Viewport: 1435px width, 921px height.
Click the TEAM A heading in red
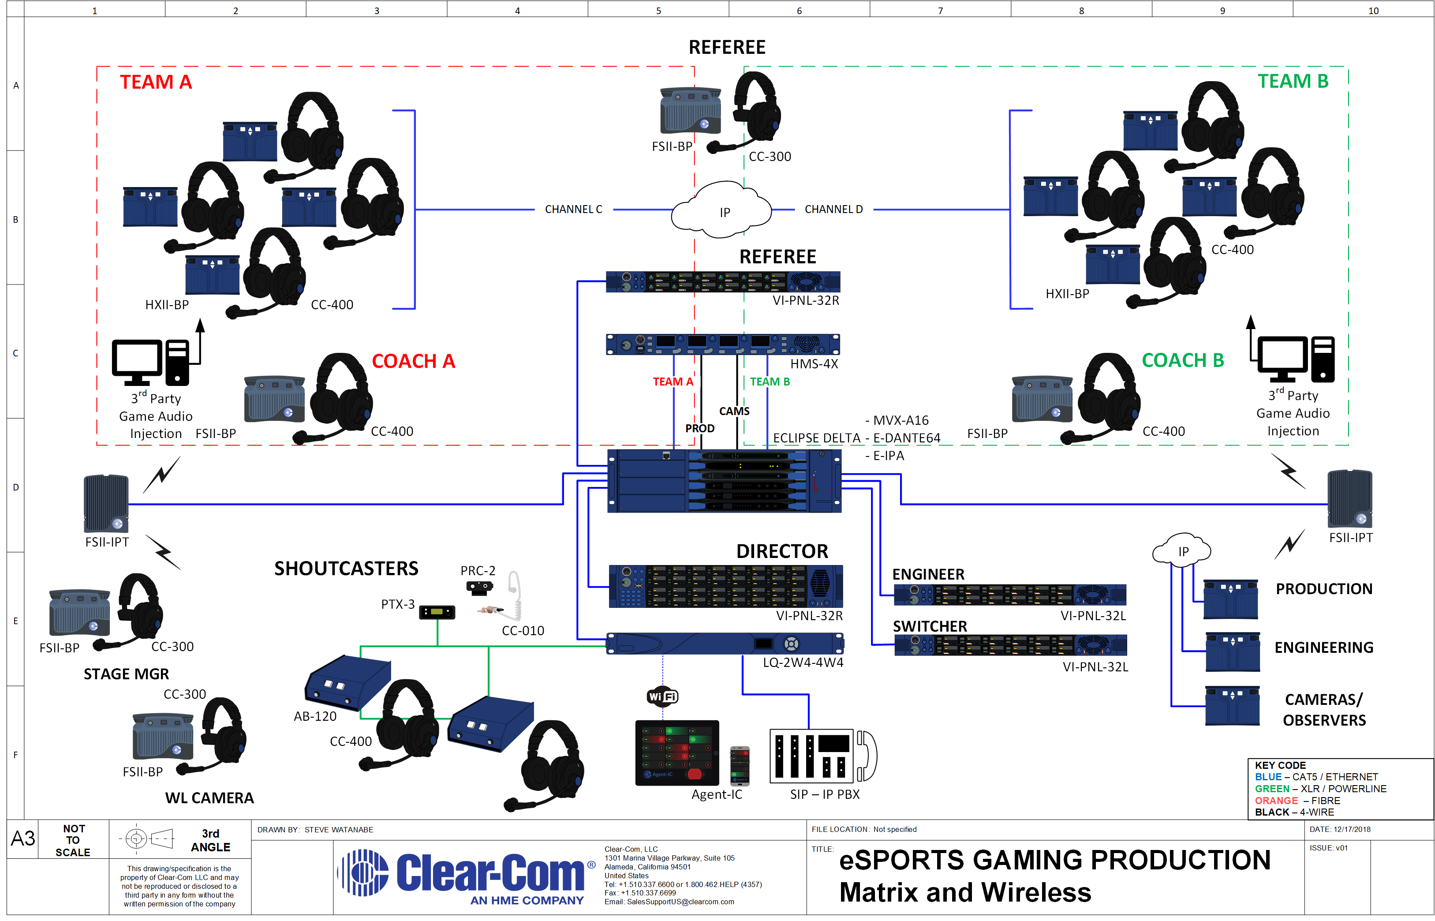(x=156, y=82)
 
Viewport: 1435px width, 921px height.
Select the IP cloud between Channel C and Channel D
(x=721, y=210)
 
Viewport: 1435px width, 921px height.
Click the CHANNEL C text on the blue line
(x=573, y=210)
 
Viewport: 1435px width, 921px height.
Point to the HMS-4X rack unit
(x=723, y=344)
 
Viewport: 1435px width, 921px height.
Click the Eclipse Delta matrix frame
(x=724, y=481)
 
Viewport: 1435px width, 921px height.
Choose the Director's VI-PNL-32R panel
(x=725, y=586)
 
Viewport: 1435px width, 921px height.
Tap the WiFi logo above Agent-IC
(x=662, y=696)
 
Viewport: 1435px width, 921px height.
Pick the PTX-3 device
(x=437, y=612)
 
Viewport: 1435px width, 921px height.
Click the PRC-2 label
(x=478, y=570)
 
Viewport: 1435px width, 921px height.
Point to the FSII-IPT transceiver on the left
(x=106, y=503)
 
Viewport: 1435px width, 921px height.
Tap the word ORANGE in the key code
(x=1276, y=800)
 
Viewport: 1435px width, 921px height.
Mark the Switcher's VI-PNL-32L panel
(x=1010, y=645)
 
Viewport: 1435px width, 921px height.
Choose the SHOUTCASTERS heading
(x=346, y=568)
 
